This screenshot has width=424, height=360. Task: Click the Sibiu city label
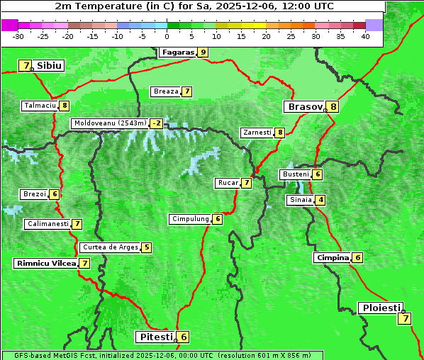pyautogui.click(x=50, y=66)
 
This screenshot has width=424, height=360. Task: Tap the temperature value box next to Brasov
pyautogui.click(x=333, y=107)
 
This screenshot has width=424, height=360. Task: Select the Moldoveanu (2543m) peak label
pyautogui.click(x=109, y=123)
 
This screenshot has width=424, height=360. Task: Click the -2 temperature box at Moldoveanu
pyautogui.click(x=156, y=123)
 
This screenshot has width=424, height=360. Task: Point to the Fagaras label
pyautogui.click(x=177, y=52)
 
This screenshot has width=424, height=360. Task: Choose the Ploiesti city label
pyautogui.click(x=381, y=308)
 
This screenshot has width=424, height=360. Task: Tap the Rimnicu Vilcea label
pyautogui.click(x=45, y=263)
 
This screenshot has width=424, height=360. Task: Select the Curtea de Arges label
pyautogui.click(x=108, y=247)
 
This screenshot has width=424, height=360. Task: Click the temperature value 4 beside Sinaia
pyautogui.click(x=321, y=200)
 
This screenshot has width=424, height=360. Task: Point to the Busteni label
pyautogui.click(x=295, y=174)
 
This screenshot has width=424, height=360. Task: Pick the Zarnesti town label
pyautogui.click(x=257, y=133)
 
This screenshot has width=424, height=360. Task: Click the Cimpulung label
pyautogui.click(x=189, y=219)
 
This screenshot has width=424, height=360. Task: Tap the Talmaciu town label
pyautogui.click(x=39, y=106)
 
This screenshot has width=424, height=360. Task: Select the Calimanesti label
pyautogui.click(x=48, y=224)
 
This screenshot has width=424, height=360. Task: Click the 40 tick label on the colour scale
pyautogui.click(x=365, y=36)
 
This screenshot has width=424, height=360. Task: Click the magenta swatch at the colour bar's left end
pyautogui.click(x=9, y=25)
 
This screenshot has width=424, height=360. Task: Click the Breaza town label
pyautogui.click(x=166, y=91)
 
